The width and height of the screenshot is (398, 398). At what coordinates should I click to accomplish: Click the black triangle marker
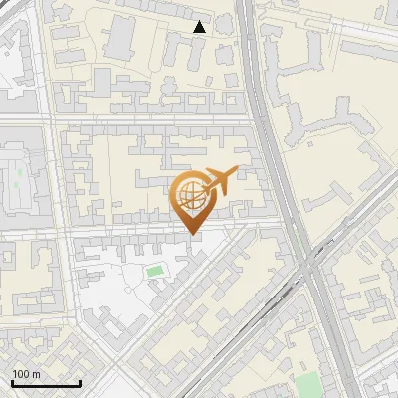coord(200,27)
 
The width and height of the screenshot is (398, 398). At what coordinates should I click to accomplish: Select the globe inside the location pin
coord(190,196)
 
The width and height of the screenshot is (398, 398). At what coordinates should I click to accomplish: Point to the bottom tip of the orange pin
coord(192,233)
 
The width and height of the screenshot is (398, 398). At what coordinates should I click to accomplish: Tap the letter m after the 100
coord(36,374)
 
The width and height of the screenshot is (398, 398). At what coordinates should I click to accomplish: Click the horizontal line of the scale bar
coord(46,383)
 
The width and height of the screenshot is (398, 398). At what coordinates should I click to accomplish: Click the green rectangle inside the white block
coord(154,270)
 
